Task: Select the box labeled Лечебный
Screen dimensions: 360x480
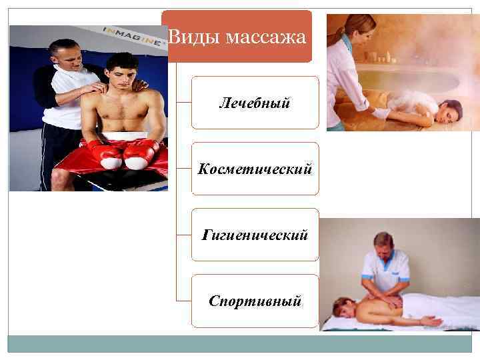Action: click(255, 103)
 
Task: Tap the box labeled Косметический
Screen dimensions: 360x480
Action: click(255, 169)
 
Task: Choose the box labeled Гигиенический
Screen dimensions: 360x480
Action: click(255, 235)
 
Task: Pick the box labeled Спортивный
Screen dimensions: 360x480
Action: click(255, 301)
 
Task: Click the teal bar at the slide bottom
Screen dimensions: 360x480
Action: click(243, 343)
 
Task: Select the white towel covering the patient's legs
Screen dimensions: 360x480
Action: click(447, 307)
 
